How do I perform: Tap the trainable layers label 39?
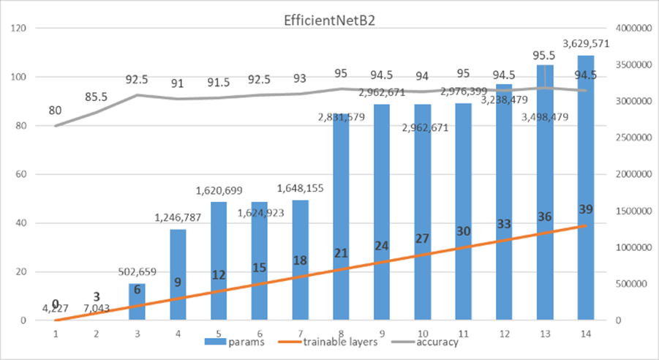point(585,209)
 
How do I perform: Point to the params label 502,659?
point(138,271)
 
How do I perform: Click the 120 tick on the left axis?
point(19,29)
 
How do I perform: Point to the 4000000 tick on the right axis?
point(630,29)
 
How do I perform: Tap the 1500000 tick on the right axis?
point(630,211)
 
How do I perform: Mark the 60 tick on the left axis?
point(22,174)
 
